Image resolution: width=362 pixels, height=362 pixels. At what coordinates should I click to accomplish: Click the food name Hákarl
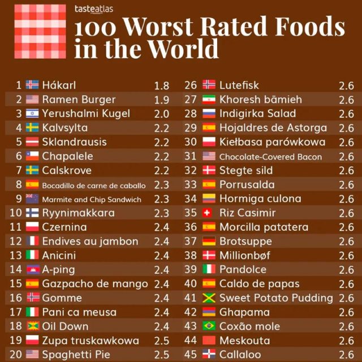pos(59,85)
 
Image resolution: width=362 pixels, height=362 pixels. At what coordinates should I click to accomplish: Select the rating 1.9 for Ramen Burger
pos(161,100)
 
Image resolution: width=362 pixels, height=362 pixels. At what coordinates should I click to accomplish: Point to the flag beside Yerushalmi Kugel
pos(32,114)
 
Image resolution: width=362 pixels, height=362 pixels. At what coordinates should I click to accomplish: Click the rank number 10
pos(15,213)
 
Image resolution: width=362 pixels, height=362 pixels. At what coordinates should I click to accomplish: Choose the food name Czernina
pos(64,227)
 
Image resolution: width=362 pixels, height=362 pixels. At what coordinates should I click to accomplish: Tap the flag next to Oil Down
pos(32,326)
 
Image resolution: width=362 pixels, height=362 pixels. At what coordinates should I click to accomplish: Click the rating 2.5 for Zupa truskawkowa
pos(161,341)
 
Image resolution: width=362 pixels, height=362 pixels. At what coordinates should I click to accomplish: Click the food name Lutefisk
pos(239,85)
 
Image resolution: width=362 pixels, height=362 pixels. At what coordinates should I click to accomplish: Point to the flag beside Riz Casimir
pos(209,213)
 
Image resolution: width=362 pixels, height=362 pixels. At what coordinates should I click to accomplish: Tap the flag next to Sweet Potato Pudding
pos(209,298)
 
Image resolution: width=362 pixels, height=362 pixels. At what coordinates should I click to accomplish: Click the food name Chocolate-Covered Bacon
pos(270,157)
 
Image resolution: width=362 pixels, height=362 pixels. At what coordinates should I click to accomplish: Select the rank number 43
pos(191,326)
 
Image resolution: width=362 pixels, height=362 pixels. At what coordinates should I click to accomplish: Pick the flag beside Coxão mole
pos(209,326)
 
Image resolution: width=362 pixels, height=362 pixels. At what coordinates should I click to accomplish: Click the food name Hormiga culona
pos(260,199)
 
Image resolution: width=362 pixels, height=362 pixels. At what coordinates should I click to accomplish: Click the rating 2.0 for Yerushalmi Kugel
pos(161,114)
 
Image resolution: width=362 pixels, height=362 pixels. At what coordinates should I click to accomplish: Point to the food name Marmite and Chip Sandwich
pos(90,199)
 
